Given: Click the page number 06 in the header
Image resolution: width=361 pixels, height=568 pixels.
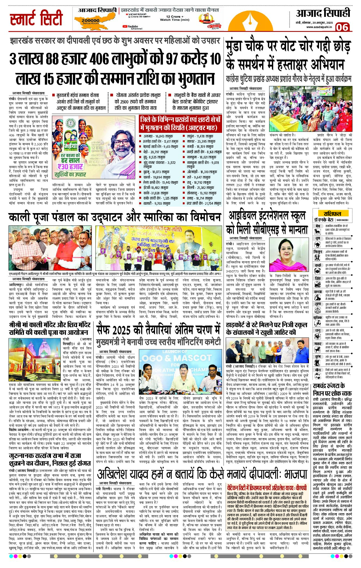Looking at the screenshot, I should (342, 27).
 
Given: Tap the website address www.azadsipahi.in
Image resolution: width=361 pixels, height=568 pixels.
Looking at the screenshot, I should (319, 27).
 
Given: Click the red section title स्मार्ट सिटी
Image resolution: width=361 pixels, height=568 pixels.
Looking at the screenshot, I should (36, 19).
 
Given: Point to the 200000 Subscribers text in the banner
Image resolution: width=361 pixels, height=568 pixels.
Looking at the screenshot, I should (90, 21).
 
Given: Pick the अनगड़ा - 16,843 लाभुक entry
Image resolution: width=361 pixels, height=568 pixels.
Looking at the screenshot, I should (158, 136).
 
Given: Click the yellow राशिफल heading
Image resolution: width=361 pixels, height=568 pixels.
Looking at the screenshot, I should (332, 213).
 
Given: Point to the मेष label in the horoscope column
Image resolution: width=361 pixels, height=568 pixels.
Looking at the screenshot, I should (318, 226).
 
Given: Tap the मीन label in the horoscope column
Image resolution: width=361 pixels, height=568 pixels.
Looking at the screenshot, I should (318, 370).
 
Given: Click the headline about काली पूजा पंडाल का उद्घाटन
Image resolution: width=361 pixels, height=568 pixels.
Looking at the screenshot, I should (114, 217).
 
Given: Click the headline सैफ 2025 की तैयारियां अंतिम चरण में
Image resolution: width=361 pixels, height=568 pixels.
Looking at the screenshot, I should (158, 330).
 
